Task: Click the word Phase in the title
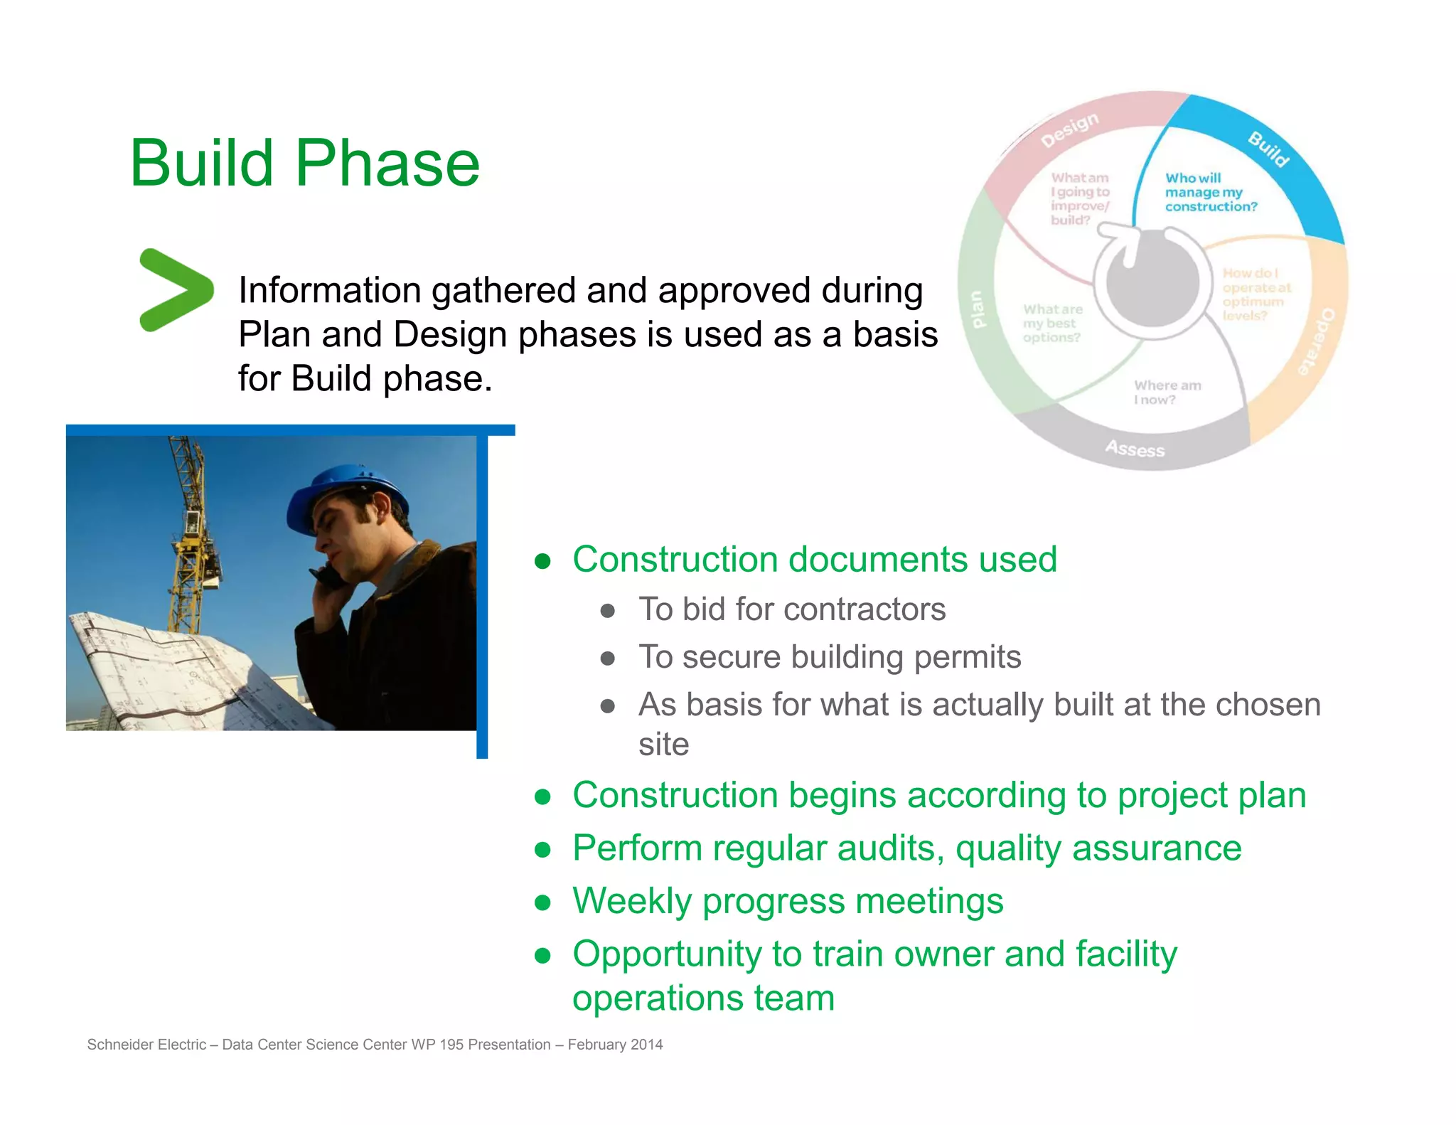click(x=387, y=164)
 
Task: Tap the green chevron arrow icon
click(x=175, y=289)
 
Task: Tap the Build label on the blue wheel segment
click(x=1270, y=149)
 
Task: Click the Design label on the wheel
click(x=1069, y=130)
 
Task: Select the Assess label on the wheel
click(x=1135, y=449)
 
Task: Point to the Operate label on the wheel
click(x=1316, y=341)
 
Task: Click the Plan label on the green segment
click(x=978, y=309)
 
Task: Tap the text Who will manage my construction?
click(x=1210, y=192)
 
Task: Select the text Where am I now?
click(x=1167, y=393)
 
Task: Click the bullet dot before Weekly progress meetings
click(x=543, y=902)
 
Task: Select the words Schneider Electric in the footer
click(x=146, y=1044)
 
